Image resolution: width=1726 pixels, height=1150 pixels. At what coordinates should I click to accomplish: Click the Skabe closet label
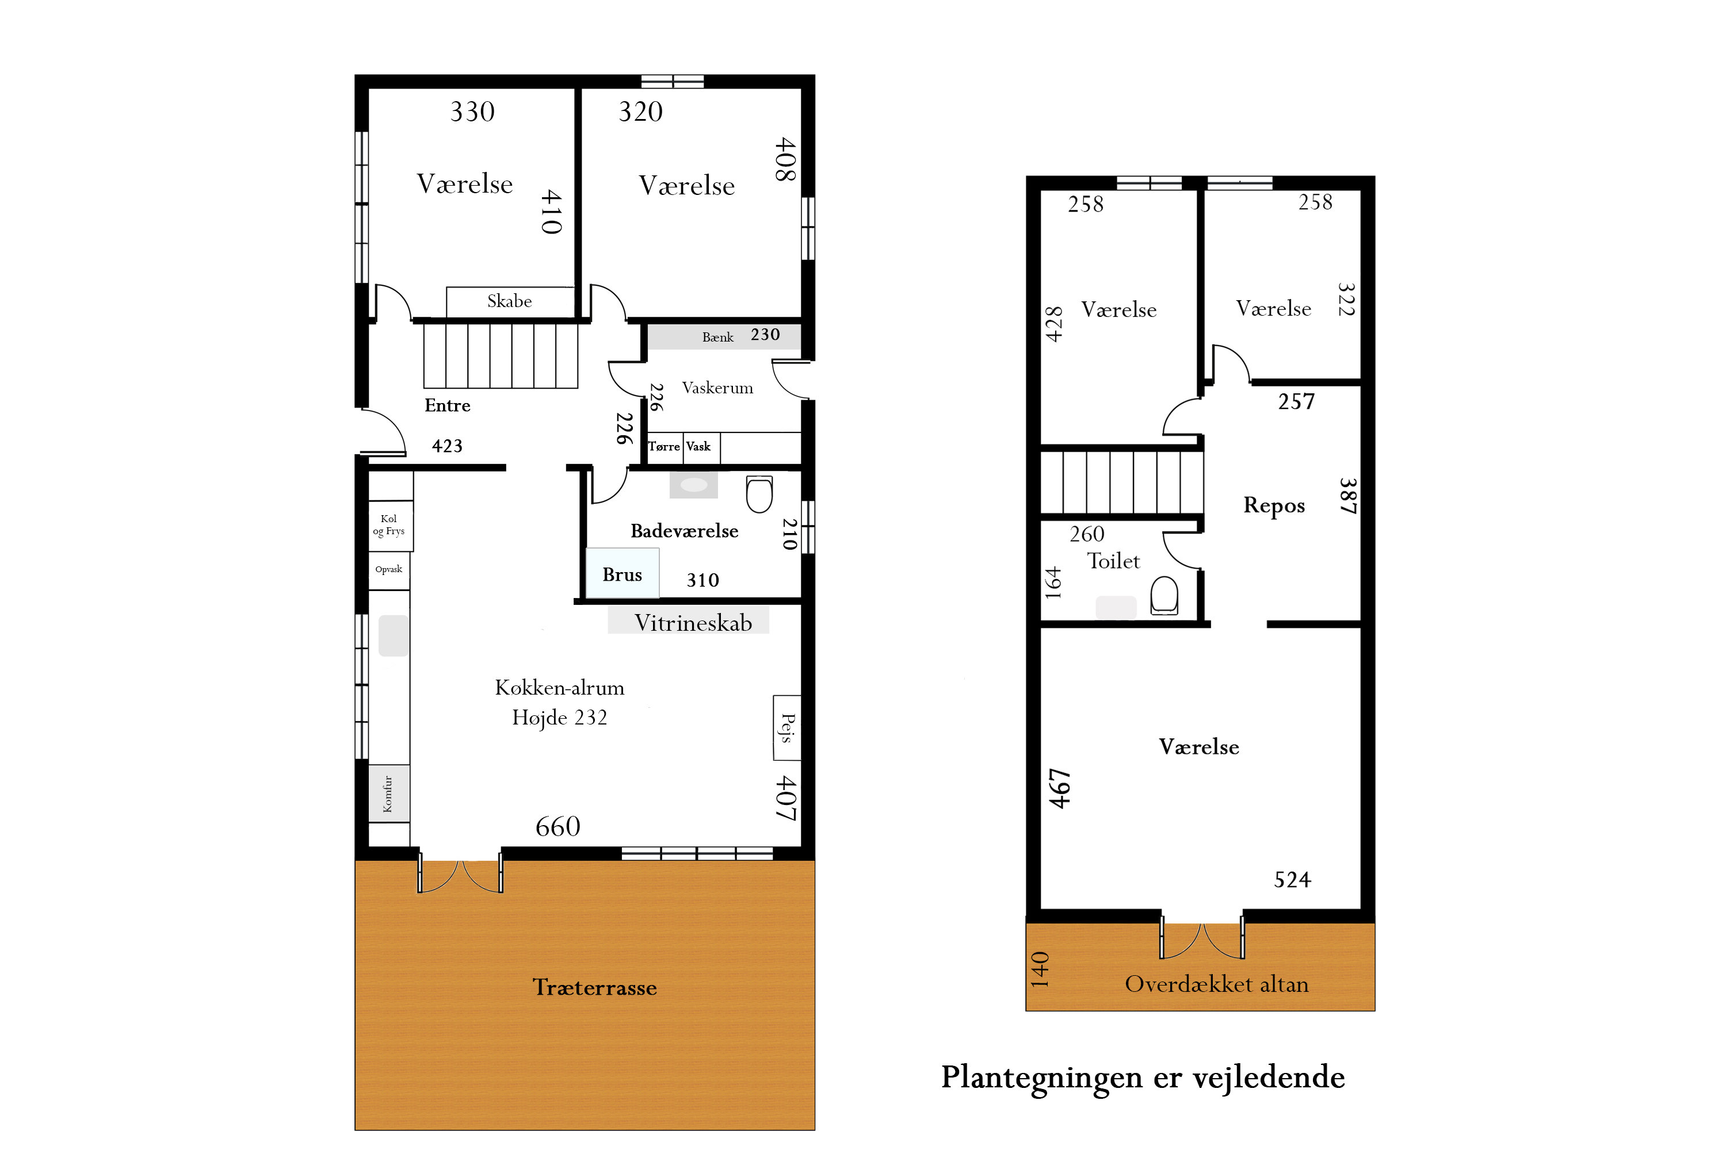point(509,301)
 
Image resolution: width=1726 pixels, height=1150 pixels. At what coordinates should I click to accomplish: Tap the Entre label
point(447,405)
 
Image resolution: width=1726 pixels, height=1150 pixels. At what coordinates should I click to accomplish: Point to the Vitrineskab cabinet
point(692,623)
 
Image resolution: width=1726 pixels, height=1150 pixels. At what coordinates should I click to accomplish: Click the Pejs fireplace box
point(786,727)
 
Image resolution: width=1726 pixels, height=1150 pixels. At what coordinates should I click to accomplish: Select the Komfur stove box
point(388,793)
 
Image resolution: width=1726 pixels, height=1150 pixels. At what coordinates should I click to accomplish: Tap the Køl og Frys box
point(389,525)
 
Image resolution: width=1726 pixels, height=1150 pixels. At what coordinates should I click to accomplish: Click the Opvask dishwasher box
point(389,570)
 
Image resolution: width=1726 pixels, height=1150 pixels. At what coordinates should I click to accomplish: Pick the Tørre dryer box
point(664,447)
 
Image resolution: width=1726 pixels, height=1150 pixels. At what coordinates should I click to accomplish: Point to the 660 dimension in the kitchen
point(557,827)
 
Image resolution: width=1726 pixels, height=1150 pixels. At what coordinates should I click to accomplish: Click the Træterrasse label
point(594,988)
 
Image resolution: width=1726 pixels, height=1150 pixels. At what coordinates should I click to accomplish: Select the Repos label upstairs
point(1274,505)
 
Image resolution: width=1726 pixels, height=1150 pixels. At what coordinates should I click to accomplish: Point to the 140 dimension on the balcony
point(1040,969)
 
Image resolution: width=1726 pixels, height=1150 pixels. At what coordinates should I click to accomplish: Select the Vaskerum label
point(717,388)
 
